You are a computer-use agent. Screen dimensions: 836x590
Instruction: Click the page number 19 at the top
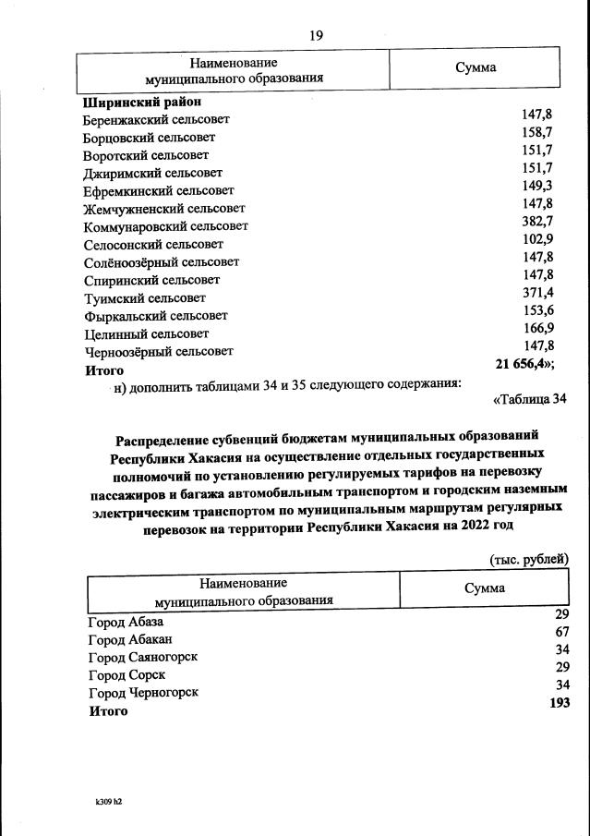[x=316, y=35]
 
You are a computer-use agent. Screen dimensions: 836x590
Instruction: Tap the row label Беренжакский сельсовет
[x=157, y=119]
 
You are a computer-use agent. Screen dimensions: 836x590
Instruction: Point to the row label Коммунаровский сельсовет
[x=166, y=226]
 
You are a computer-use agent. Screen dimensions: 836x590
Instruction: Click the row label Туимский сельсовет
[x=145, y=298]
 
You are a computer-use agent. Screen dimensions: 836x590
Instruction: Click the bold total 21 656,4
[x=524, y=364]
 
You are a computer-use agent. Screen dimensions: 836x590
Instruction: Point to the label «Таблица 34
[x=524, y=399]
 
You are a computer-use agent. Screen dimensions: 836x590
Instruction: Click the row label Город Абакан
[x=130, y=639]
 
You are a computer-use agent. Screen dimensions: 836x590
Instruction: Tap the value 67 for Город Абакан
[x=561, y=632]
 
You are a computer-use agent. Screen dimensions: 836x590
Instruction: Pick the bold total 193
[x=559, y=703]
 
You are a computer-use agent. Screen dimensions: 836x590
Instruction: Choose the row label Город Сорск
[x=126, y=674]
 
